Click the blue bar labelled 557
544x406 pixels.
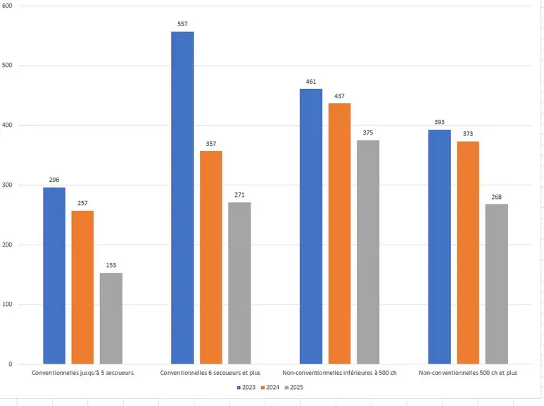point(182,198)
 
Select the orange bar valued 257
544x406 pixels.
point(82,287)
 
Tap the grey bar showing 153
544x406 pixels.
point(111,319)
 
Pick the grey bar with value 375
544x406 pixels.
point(368,252)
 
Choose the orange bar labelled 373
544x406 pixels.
point(468,253)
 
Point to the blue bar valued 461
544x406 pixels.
point(311,226)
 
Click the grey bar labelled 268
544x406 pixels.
point(496,284)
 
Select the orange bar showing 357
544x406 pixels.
point(211,257)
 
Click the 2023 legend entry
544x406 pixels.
point(246,387)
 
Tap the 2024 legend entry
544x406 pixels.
point(270,387)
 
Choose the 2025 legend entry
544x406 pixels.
point(294,387)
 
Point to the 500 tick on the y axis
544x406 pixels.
point(7,66)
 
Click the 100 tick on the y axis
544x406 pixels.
point(7,304)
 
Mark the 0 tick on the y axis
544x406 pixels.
point(11,364)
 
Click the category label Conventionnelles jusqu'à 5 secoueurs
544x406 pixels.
point(82,373)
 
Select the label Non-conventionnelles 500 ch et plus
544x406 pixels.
point(468,373)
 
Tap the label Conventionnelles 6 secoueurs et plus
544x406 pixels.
point(210,373)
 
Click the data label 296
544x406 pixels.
point(54,180)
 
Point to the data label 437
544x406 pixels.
point(340,96)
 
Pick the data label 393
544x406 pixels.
point(440,122)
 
